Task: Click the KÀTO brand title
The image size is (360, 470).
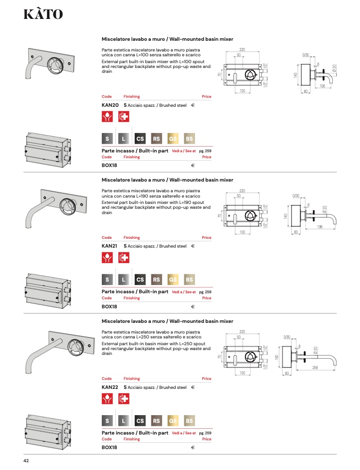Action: click(43, 14)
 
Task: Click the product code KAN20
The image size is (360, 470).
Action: click(110, 105)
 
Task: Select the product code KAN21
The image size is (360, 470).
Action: click(109, 246)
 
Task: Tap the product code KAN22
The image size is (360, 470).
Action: click(110, 387)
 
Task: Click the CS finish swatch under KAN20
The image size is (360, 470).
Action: click(140, 139)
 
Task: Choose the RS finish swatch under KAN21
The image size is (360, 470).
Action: click(156, 280)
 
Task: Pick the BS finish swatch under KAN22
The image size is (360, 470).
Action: click(189, 421)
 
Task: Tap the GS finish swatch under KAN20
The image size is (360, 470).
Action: click(173, 139)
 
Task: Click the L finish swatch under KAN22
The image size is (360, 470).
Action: click(123, 421)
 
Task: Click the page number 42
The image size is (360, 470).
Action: click(26, 461)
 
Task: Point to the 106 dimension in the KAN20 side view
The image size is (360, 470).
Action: click(322, 86)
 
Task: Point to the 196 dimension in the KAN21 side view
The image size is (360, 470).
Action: click(320, 227)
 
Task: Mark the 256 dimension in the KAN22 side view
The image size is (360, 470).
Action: click(315, 368)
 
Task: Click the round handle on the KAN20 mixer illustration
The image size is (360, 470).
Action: click(55, 66)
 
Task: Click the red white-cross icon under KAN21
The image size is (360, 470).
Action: click(124, 257)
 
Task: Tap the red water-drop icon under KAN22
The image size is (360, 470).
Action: click(107, 399)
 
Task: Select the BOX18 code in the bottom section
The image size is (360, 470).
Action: click(109, 448)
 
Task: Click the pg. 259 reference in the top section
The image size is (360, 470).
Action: click(205, 151)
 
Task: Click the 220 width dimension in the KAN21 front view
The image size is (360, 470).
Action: click(242, 191)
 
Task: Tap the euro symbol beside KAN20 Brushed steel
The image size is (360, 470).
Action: click(193, 105)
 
